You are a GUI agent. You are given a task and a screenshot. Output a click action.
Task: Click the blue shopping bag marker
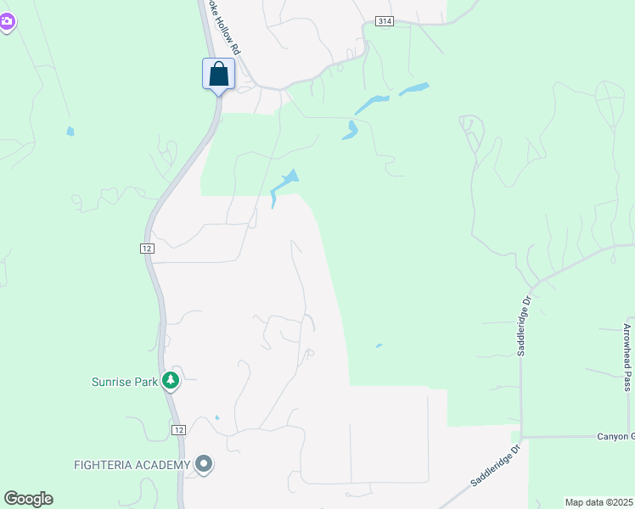[218, 74]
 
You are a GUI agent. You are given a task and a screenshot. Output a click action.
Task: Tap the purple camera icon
[7, 22]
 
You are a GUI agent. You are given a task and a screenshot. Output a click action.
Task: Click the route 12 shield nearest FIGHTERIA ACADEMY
[177, 430]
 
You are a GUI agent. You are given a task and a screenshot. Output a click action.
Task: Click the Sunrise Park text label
[125, 382]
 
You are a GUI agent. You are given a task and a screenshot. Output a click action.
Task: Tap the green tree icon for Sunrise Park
[171, 381]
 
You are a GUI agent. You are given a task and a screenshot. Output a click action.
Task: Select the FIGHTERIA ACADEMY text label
[132, 464]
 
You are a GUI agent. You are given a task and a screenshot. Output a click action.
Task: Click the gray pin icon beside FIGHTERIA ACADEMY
[203, 464]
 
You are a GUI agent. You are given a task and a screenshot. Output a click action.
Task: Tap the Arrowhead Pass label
[627, 352]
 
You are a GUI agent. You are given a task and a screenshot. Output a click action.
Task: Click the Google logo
[28, 499]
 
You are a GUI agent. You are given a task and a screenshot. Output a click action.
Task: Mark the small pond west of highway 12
[70, 131]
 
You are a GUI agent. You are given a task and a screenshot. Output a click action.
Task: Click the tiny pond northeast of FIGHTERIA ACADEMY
[217, 417]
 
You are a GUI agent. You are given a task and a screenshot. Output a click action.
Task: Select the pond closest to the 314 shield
[414, 88]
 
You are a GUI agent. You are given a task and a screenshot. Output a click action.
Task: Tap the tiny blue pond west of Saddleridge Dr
[379, 345]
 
